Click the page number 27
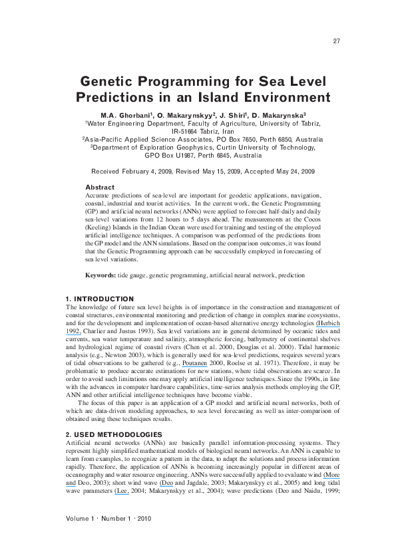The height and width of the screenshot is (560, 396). pyautogui.click(x=336, y=41)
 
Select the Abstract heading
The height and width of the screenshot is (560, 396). pyautogui.click(x=100, y=187)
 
